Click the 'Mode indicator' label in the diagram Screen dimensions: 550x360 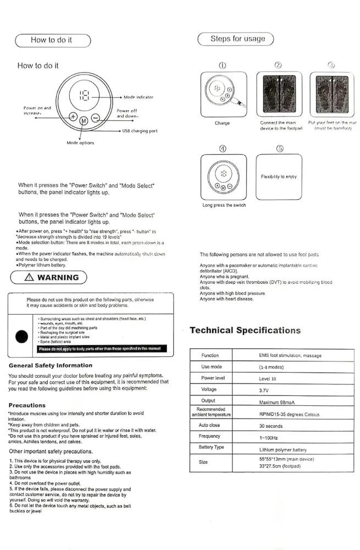pyautogui.click(x=138, y=97)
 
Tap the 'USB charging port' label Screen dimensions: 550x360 pyautogui.click(x=140, y=131)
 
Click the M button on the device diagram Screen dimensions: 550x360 pyautogui.click(x=84, y=120)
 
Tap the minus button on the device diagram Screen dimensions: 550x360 pyautogui.click(x=95, y=117)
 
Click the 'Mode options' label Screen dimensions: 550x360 pyautogui.click(x=80, y=142)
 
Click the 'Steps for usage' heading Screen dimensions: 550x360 pyautogui.click(x=237, y=39)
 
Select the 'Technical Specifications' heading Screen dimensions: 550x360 pyautogui.click(x=245, y=331)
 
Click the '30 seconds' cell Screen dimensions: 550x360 pyautogui.click(x=271, y=426)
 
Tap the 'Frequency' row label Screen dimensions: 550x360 pyautogui.click(x=209, y=436)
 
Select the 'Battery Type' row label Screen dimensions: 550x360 pyautogui.click(x=211, y=447)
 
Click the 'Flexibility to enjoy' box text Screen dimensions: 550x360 pyautogui.click(x=279, y=177)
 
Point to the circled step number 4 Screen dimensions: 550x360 pyautogui.click(x=221, y=148)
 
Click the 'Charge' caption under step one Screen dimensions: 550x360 pyautogui.click(x=222, y=123)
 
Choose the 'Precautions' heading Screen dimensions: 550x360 pyautogui.click(x=27, y=405)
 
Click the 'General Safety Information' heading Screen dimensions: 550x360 pyautogui.click(x=51, y=365)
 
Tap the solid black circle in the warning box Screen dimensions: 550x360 pyautogui.click(x=23, y=336)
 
